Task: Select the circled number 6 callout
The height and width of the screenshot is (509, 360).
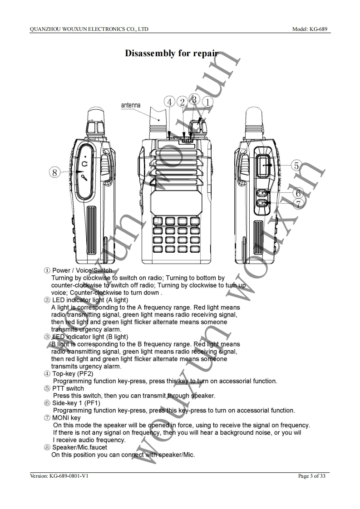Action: [x=297, y=193]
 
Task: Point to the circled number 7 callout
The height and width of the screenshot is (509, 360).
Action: [x=298, y=204]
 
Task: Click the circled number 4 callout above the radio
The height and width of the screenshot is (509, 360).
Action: [x=170, y=103]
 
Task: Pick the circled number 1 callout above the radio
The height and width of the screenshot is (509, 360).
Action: [x=207, y=103]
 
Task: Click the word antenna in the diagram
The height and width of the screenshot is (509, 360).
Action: [x=131, y=105]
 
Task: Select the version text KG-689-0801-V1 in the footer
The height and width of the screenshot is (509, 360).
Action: [x=59, y=476]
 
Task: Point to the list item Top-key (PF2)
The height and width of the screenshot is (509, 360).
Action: [x=73, y=374]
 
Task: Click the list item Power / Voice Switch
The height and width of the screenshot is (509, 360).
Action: [x=82, y=271]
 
